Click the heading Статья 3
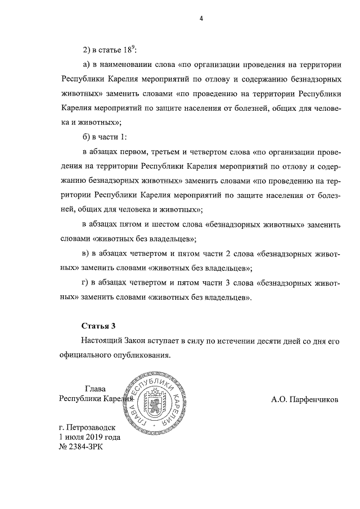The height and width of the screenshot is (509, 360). [98, 326]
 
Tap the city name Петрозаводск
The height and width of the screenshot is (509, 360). [90, 427]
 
